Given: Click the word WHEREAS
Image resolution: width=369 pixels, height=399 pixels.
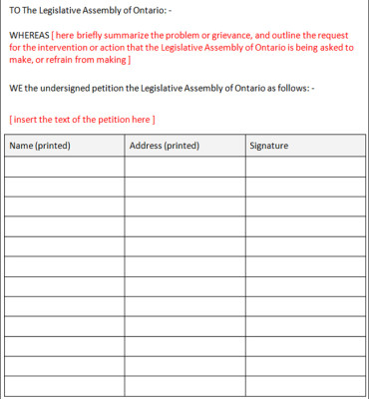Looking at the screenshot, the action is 29,34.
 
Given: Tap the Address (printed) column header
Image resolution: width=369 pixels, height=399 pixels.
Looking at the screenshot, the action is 165,146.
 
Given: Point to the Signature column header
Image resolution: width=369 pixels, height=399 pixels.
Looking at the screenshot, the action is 269,146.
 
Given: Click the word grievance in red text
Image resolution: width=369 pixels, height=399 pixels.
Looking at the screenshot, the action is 211,34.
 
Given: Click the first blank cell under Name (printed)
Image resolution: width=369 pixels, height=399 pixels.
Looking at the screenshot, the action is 64,168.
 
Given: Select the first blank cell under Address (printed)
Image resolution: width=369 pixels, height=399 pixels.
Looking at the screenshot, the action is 184,168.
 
